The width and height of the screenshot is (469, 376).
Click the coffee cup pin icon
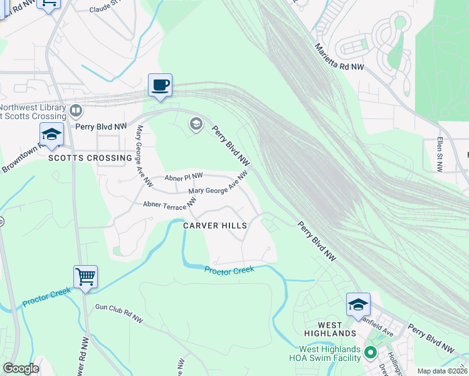(160, 85)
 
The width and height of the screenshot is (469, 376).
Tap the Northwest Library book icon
(76, 111)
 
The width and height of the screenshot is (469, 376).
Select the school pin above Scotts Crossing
(51, 134)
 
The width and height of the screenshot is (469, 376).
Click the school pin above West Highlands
(358, 305)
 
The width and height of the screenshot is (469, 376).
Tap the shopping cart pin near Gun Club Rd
(85, 276)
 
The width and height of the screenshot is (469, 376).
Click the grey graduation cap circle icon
(196, 125)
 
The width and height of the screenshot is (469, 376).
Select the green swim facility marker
(370, 353)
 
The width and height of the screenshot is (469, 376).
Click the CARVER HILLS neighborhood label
(214, 225)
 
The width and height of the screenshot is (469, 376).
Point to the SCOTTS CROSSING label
(90, 159)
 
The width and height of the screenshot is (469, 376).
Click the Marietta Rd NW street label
(339, 58)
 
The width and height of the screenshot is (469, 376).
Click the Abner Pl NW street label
(184, 178)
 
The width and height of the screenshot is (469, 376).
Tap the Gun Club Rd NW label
(119, 314)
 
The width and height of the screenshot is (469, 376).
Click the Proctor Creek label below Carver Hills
(229, 269)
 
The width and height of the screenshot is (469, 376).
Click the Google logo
(21, 368)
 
